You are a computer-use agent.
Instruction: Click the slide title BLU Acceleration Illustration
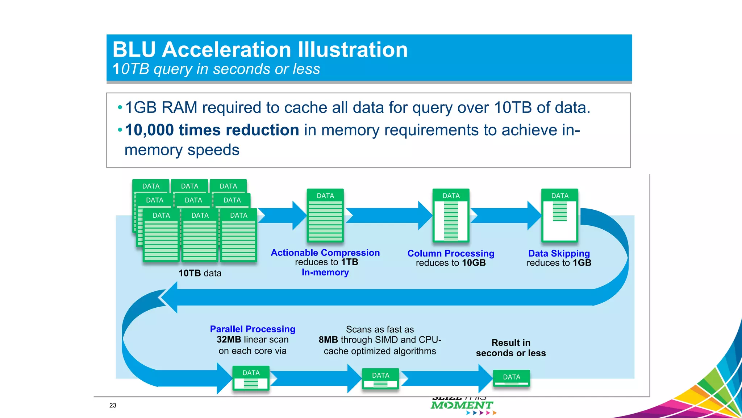pos(260,50)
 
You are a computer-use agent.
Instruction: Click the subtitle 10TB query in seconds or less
pos(216,69)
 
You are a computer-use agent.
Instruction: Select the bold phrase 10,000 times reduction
pos(212,130)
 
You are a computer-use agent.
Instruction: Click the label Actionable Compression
pos(325,253)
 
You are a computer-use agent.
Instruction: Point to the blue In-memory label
pos(325,272)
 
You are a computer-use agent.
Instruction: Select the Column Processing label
pos(451,253)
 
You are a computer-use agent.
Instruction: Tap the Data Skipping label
pos(559,253)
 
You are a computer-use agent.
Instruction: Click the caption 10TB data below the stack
pos(200,273)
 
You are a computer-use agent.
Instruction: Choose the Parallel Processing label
pos(253,329)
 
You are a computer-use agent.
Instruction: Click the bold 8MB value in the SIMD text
pos(328,340)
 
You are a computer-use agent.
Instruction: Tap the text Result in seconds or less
pos(510,348)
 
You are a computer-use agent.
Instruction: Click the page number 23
pos(113,405)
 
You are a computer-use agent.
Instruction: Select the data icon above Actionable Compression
pos(325,216)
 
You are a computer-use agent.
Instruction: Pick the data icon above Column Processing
pos(451,216)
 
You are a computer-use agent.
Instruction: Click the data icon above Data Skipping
pos(559,216)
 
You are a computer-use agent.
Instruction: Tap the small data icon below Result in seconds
pos(511,378)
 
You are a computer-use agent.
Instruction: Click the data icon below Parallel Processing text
pos(251,378)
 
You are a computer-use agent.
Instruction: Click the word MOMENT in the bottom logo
pos(462,405)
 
